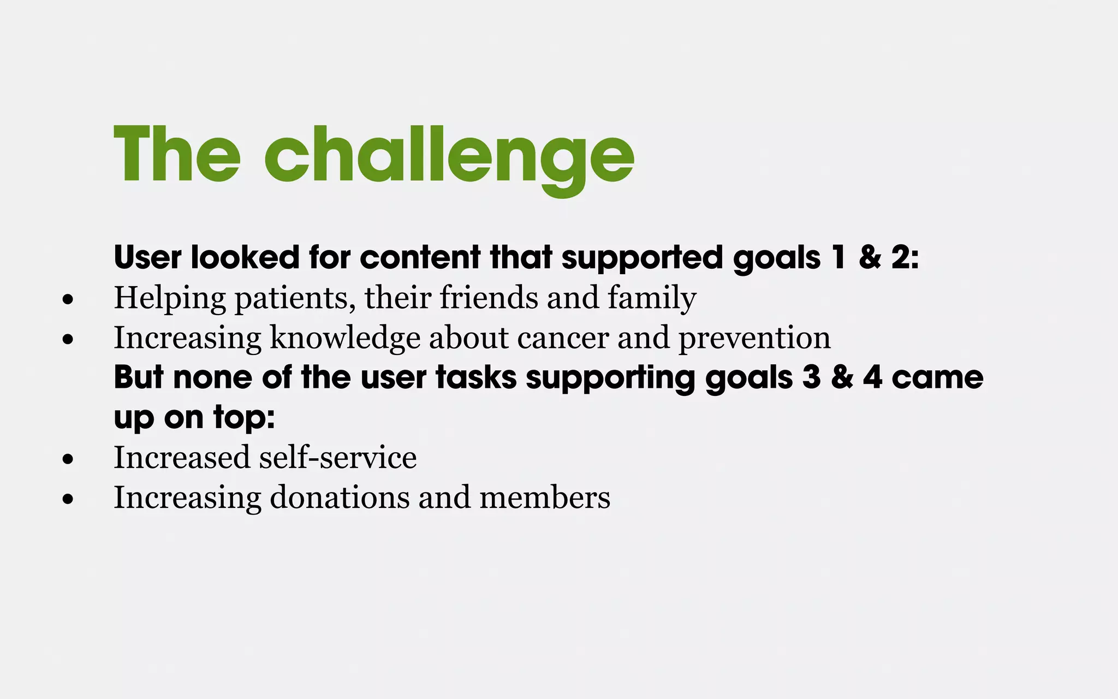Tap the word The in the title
click(x=177, y=154)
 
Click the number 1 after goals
click(x=839, y=257)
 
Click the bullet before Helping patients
click(x=68, y=299)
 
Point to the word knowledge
click(x=345, y=339)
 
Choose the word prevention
click(x=754, y=339)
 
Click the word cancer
click(x=563, y=339)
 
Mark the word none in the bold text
click(x=212, y=377)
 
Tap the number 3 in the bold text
click(x=811, y=377)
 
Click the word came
click(x=937, y=377)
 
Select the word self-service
click(x=337, y=457)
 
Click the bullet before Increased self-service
click(x=68, y=459)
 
